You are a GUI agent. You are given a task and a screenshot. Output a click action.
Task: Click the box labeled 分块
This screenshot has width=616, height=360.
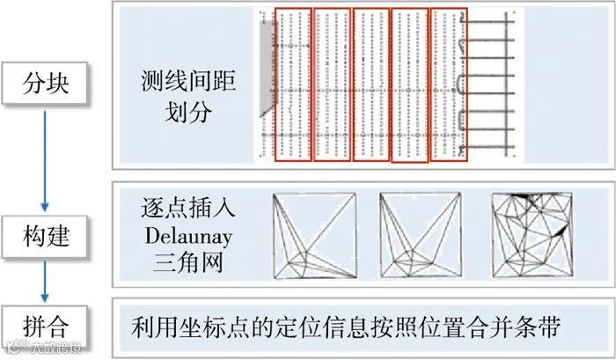(47, 85)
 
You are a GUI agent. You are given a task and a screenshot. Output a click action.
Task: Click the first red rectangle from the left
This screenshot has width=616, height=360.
(291, 84)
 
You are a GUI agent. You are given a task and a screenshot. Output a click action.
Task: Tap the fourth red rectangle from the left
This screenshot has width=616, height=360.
(409, 86)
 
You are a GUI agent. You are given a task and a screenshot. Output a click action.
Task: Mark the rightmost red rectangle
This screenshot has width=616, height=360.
(449, 84)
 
